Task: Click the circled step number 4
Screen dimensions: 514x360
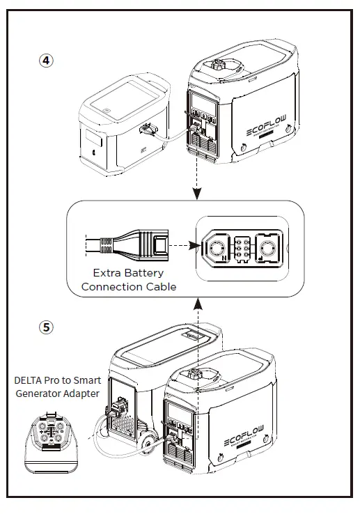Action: coord(45,61)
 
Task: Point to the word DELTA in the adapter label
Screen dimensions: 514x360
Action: coord(30,381)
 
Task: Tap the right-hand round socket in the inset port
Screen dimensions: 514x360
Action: coord(267,247)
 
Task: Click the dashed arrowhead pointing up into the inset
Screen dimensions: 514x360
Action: coord(198,302)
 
